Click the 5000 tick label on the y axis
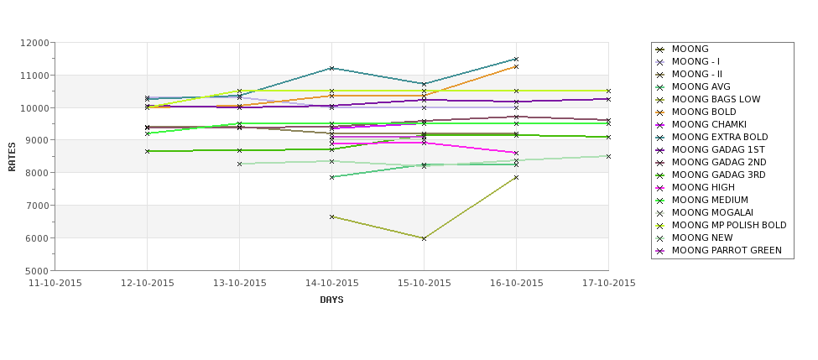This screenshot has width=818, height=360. point(36,271)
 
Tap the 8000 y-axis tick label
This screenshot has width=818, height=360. point(36,173)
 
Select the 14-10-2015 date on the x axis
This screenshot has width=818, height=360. point(331,284)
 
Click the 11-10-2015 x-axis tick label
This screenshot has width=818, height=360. point(55,284)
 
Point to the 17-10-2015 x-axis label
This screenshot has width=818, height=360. point(608,284)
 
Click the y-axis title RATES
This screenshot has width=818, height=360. point(13,157)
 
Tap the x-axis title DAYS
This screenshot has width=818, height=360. point(331,300)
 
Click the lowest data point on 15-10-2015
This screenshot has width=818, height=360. point(424,238)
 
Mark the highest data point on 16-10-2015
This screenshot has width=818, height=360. point(516,59)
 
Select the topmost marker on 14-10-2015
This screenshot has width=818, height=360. point(331,68)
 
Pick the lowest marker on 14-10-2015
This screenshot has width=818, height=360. point(331,217)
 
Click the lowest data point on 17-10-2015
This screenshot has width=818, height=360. point(608,156)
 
